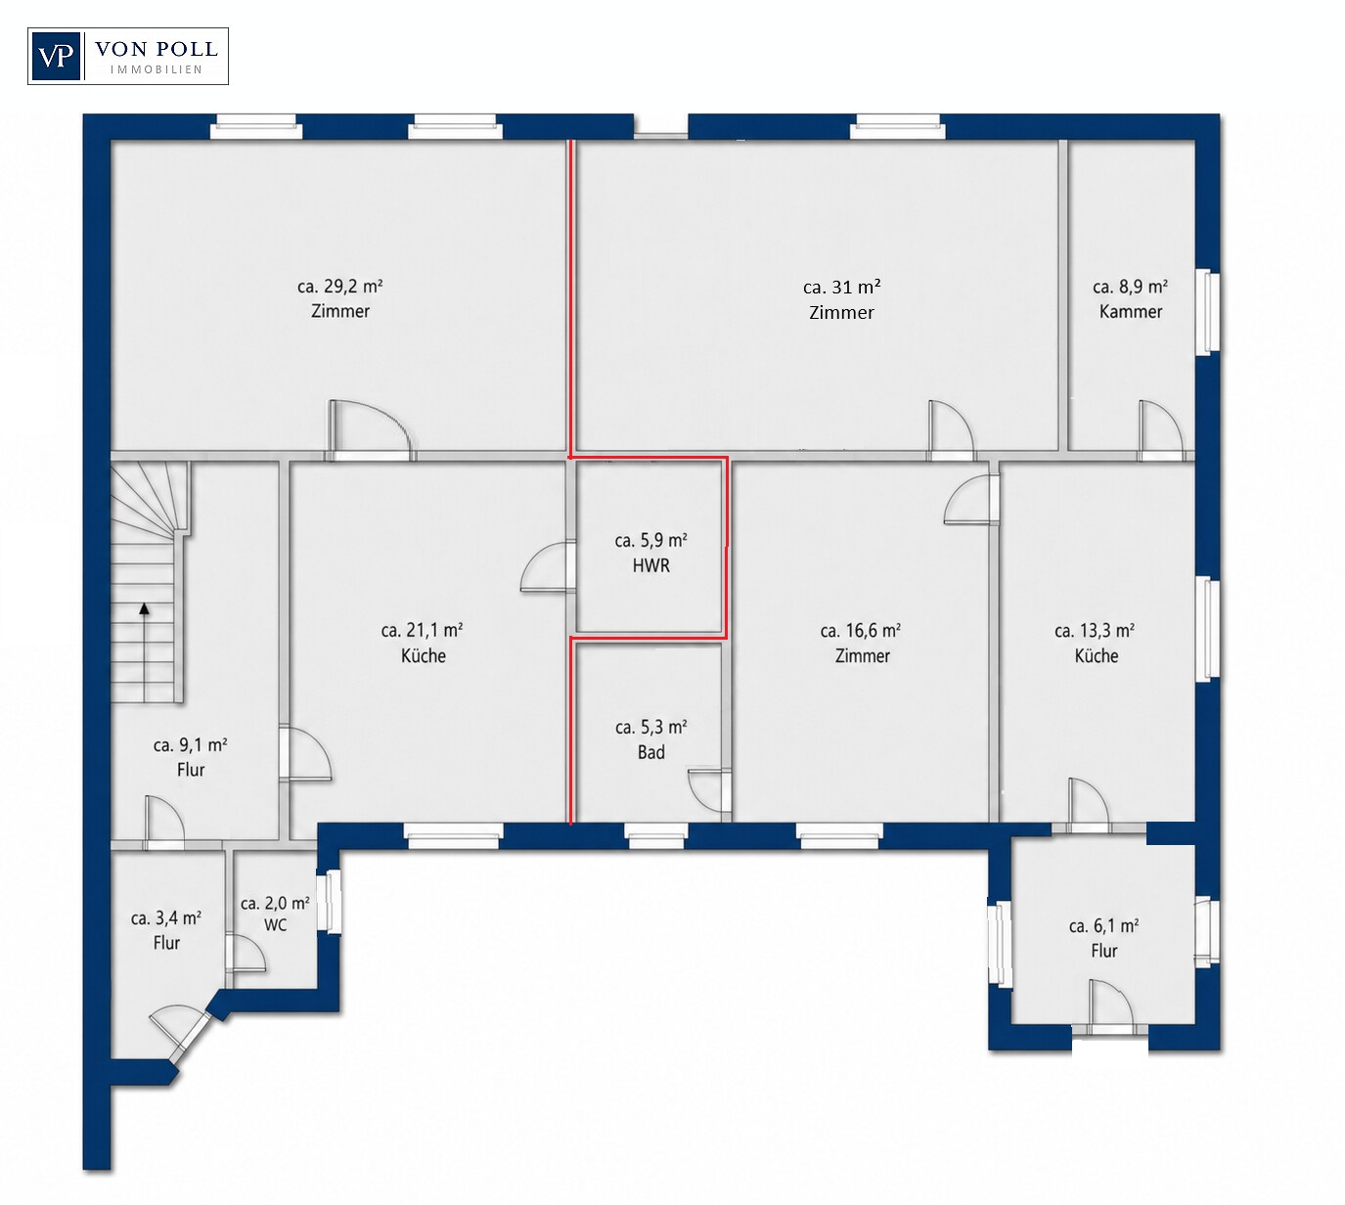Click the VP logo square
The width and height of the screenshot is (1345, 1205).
(x=56, y=57)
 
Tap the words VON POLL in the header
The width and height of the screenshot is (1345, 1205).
(x=157, y=49)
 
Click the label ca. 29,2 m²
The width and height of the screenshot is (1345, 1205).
(x=339, y=287)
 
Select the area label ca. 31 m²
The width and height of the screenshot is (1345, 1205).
(x=842, y=287)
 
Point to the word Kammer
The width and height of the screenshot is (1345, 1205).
(x=1131, y=311)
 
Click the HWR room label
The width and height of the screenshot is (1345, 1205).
(x=651, y=565)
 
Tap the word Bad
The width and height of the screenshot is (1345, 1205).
(x=651, y=752)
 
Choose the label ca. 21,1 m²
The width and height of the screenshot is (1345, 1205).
(x=423, y=630)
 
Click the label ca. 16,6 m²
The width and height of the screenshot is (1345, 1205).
(x=861, y=630)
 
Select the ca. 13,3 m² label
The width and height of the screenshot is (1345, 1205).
(x=1095, y=630)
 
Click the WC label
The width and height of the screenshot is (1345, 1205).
(x=275, y=925)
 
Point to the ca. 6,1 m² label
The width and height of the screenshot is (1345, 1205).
(x=1104, y=925)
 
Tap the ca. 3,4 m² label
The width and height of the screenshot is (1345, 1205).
(x=166, y=918)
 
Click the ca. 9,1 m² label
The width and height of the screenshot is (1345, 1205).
(x=191, y=745)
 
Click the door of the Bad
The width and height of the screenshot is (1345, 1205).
(x=710, y=790)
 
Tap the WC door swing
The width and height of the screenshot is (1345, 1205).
(x=246, y=954)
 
